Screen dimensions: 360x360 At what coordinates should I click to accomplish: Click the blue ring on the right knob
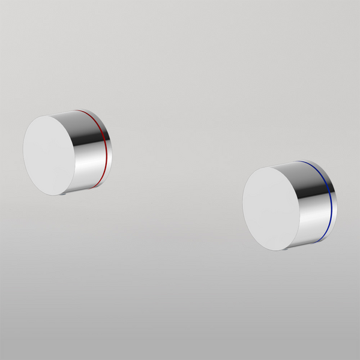click(x=331, y=202)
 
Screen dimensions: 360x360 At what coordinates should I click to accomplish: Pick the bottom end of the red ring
click(x=93, y=188)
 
